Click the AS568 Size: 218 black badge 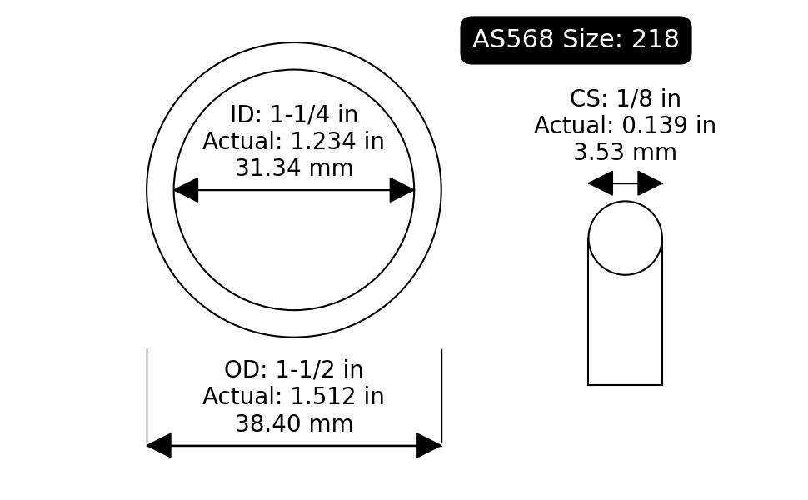click(576, 40)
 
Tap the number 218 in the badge click(656, 39)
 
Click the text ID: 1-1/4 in click(294, 114)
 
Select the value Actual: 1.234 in click(293, 141)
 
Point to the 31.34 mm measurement click(294, 168)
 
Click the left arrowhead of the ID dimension click(186, 190)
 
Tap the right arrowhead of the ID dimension click(402, 190)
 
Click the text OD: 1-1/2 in click(294, 370)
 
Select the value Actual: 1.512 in click(293, 397)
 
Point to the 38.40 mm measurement click(294, 423)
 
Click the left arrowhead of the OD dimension click(159, 445)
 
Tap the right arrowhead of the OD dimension click(429, 445)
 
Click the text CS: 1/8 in click(625, 98)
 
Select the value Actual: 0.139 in click(625, 125)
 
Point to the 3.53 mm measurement click(625, 152)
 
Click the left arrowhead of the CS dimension click(601, 183)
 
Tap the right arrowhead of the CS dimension click(650, 183)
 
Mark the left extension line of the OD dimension click(147, 396)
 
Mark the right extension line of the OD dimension click(441, 396)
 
